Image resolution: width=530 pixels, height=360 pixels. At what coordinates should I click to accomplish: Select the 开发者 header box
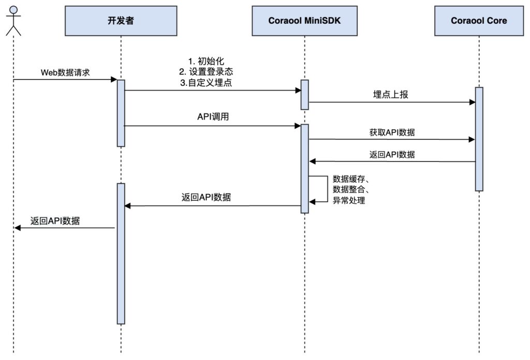pyautogui.click(x=121, y=21)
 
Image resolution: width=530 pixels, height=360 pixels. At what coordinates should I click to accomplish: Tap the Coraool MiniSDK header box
pyautogui.click(x=304, y=21)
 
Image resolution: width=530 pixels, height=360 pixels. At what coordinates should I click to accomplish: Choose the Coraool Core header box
pyautogui.click(x=479, y=21)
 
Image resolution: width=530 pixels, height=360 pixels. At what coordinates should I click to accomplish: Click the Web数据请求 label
pyautogui.click(x=65, y=72)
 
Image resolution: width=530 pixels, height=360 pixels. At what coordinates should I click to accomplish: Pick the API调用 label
pyautogui.click(x=213, y=117)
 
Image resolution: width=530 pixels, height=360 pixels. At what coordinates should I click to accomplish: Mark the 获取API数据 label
pyautogui.click(x=392, y=131)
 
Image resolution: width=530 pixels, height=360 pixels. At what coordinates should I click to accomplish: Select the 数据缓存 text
pyautogui.click(x=350, y=179)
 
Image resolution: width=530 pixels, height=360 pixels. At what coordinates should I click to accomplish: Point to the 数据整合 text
pyautogui.click(x=350, y=190)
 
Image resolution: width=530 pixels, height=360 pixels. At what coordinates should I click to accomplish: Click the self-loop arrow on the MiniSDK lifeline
pyautogui.click(x=326, y=189)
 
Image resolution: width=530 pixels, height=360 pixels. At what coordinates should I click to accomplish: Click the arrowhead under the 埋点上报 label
pyautogui.click(x=472, y=102)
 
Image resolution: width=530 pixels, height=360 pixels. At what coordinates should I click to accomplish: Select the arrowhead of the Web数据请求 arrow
pyautogui.click(x=114, y=80)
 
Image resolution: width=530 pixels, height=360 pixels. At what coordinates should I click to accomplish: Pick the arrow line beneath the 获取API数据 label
pyautogui.click(x=392, y=139)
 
